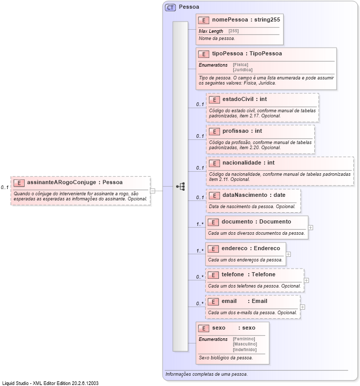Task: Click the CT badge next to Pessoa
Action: pos(170,7)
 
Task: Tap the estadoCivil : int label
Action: pos(245,99)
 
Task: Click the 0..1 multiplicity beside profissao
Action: pos(200,136)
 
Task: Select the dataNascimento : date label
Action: pos(254,195)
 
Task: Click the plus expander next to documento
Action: pos(311,227)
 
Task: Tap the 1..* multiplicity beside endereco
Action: pos(200,251)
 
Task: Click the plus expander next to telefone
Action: pos(307,280)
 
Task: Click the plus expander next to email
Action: pos(303,307)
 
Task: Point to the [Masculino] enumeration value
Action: pos(245,344)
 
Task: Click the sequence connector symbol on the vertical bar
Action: pos(181,187)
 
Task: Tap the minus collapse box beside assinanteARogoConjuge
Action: pos(153,191)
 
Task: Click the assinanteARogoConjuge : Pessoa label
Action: pos(75,182)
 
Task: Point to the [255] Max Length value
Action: pos(233,31)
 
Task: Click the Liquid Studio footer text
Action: pos(50,383)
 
